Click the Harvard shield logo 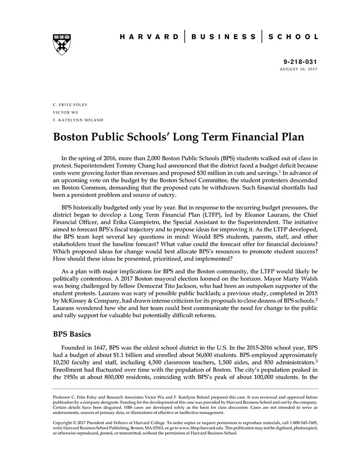coord(61,44)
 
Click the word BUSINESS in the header coord(223,37)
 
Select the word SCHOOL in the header coord(293,37)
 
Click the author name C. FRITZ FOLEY coord(70,104)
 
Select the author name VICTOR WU coord(64,112)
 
